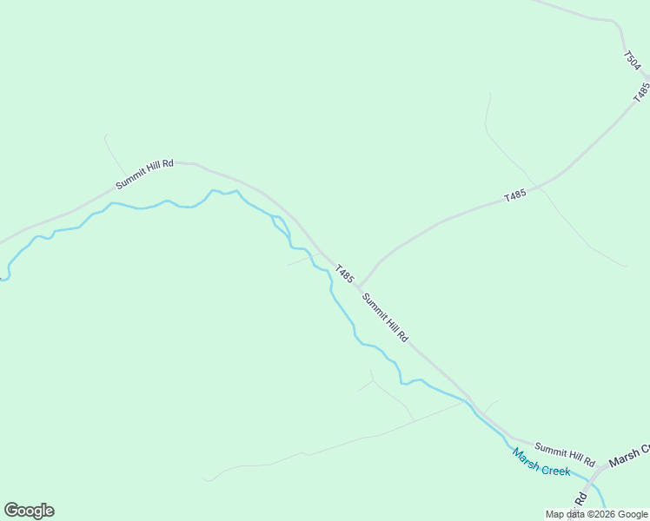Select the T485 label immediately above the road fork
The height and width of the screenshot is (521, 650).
point(345,274)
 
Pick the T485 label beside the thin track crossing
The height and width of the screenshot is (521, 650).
point(515,196)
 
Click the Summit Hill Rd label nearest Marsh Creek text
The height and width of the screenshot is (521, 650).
point(565,453)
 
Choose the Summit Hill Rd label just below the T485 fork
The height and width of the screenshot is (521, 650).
point(385,317)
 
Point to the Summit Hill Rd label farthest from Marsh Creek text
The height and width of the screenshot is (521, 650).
point(145,174)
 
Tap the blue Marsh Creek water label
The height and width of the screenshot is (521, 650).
point(541,462)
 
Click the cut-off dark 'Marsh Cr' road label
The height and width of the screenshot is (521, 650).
point(629,456)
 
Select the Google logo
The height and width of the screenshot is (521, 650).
point(29,511)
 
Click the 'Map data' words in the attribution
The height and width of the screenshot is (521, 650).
point(566,514)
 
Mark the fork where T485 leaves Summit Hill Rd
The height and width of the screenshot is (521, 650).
point(358,287)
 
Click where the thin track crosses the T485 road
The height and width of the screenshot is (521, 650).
point(539,186)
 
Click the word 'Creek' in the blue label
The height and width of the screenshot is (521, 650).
point(556,470)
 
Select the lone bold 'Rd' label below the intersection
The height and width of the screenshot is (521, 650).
point(580,499)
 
